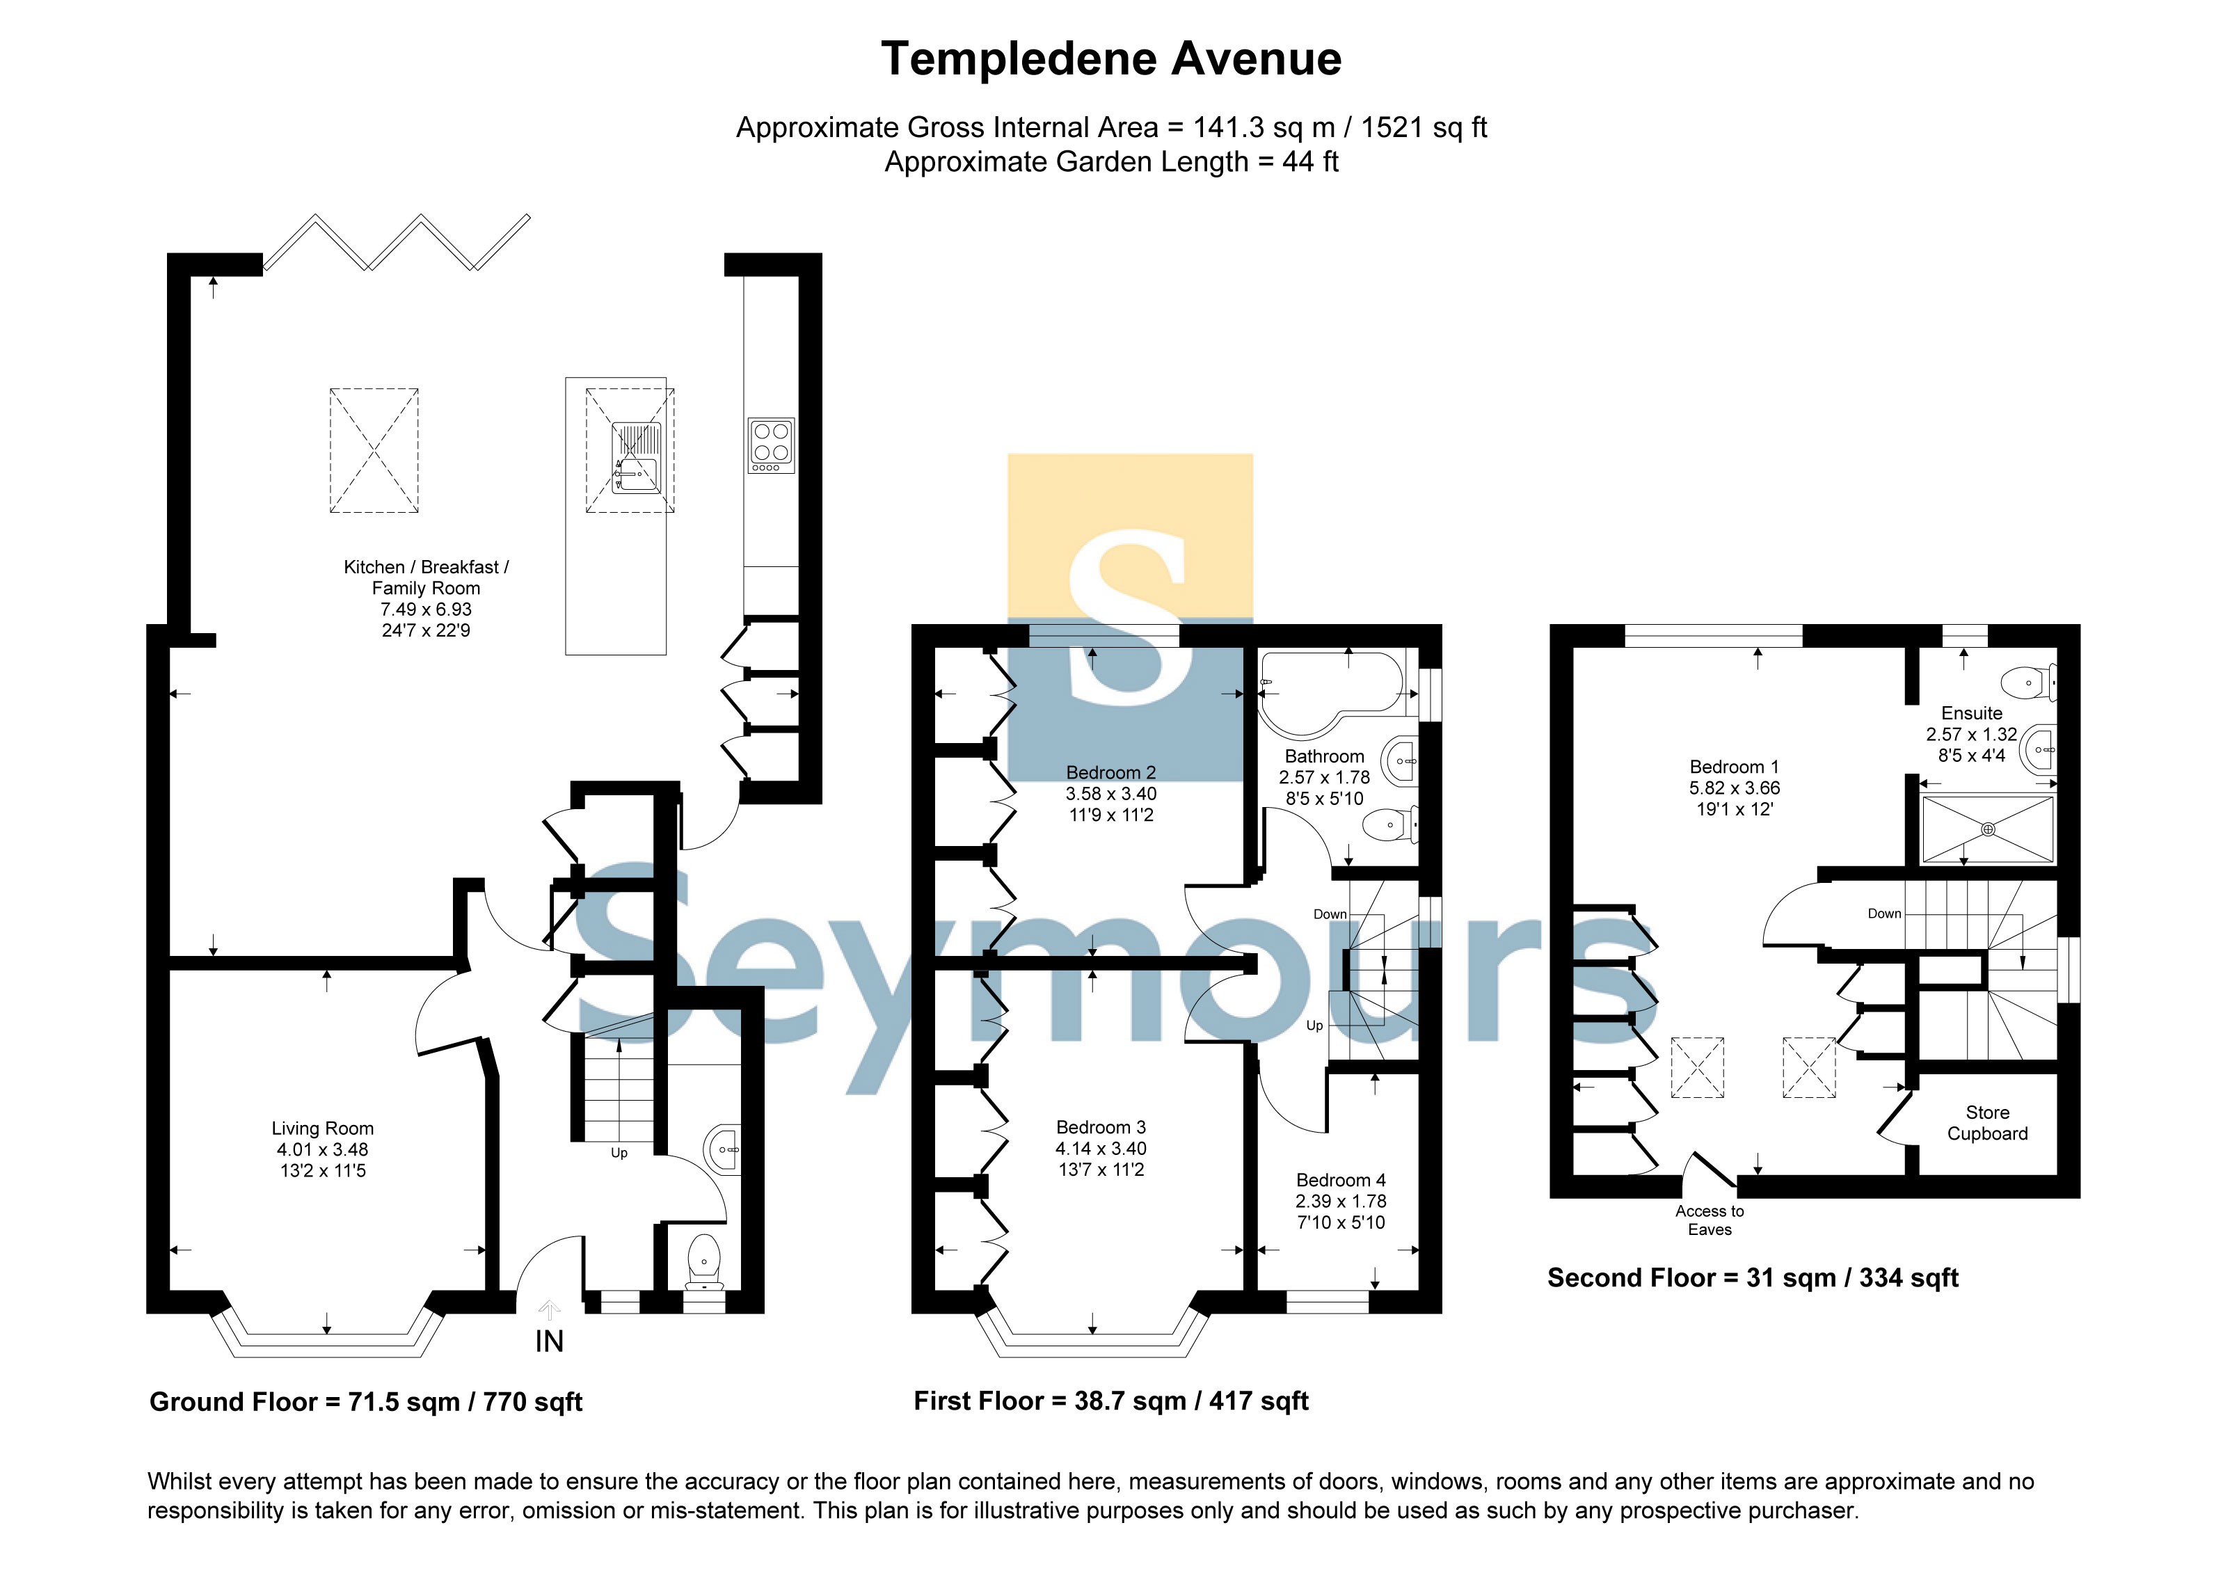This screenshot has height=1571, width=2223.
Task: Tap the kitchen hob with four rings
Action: [771, 445]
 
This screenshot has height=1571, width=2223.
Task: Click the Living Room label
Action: [322, 1129]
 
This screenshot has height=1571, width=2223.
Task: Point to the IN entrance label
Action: [549, 1341]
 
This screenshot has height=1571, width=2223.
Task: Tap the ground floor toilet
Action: [704, 1262]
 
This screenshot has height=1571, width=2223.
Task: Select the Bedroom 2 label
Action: [1110, 772]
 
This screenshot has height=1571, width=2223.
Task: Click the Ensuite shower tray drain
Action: [1988, 829]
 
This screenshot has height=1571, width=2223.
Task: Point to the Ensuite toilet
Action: [2027, 683]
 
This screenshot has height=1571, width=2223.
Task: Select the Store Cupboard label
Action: [1988, 1123]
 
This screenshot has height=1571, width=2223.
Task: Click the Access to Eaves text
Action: [1710, 1220]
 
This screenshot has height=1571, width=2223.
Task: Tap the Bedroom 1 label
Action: [1734, 767]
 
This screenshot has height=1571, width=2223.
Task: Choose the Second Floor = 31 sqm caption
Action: [1753, 1277]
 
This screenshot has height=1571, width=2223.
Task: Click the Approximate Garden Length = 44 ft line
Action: [1112, 161]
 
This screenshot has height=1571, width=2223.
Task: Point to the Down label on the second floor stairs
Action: [1884, 914]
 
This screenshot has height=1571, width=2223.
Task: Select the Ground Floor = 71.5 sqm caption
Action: [366, 1402]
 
